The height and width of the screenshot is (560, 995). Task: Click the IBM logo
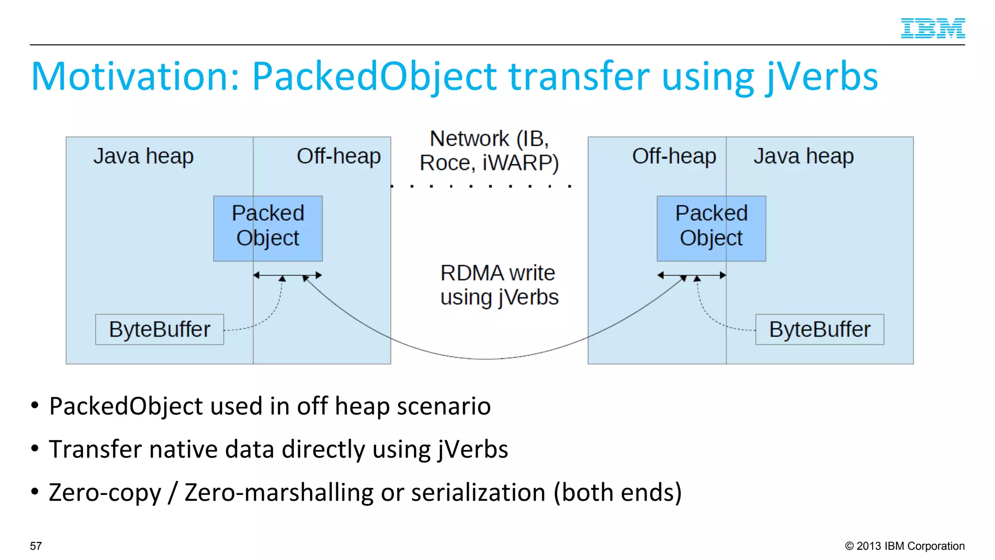pos(932,28)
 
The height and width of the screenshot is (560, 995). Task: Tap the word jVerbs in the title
pos(822,77)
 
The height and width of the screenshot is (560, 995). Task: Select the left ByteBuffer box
pos(159,330)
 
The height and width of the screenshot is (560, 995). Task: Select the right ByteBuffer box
pos(820,330)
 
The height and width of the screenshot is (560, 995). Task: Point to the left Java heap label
pos(143,157)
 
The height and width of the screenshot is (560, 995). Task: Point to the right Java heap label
pos(804,157)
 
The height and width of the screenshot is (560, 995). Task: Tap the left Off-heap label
pos(339,157)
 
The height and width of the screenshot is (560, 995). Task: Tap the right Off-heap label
pos(674,157)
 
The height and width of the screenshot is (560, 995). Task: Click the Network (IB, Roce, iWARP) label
pos(489,151)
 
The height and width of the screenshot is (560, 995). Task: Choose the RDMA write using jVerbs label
pos(499,285)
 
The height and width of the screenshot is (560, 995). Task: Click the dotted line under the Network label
pos(481,186)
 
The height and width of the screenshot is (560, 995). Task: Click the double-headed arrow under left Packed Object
pos(288,275)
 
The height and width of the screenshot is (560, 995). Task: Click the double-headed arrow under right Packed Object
pos(691,275)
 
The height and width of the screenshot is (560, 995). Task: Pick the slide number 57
pos(36,546)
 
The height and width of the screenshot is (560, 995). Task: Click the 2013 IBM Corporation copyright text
pos(905,546)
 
